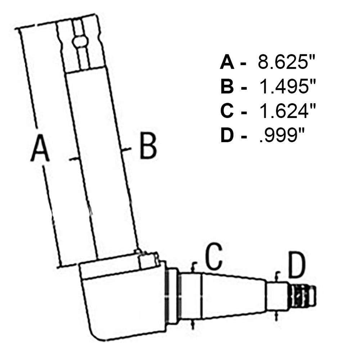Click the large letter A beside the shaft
(40, 147)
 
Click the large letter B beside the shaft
(148, 145)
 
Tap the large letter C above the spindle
(214, 256)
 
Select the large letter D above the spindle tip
(297, 266)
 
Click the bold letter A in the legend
(228, 63)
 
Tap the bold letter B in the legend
(228, 87)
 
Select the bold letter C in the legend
(228, 112)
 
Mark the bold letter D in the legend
(228, 136)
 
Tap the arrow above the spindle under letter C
(194, 268)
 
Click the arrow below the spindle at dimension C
(194, 324)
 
